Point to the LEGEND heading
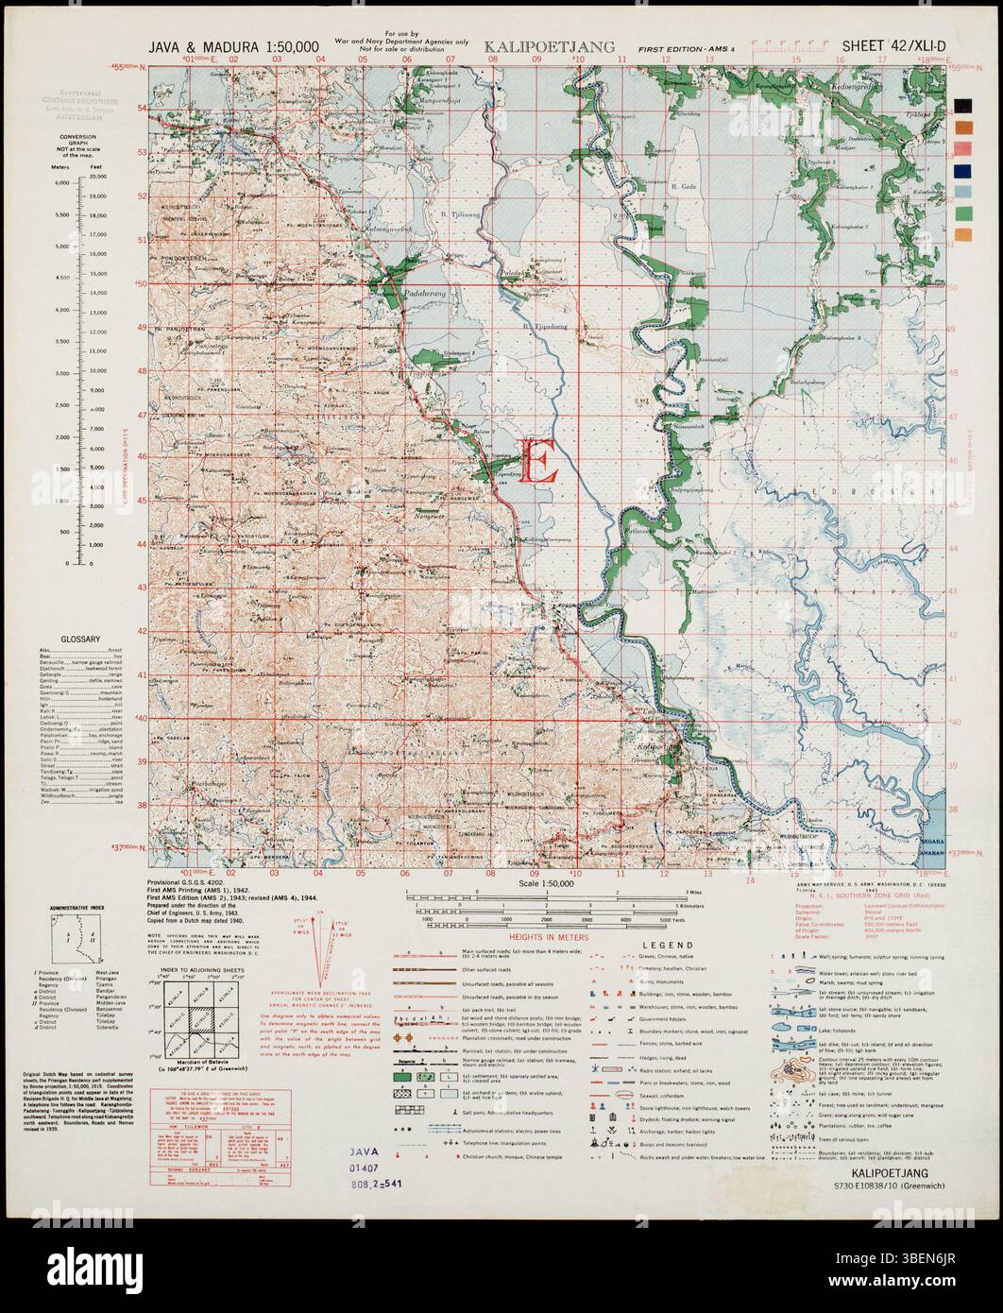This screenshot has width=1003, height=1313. click(669, 945)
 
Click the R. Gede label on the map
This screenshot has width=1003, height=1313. click(682, 188)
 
